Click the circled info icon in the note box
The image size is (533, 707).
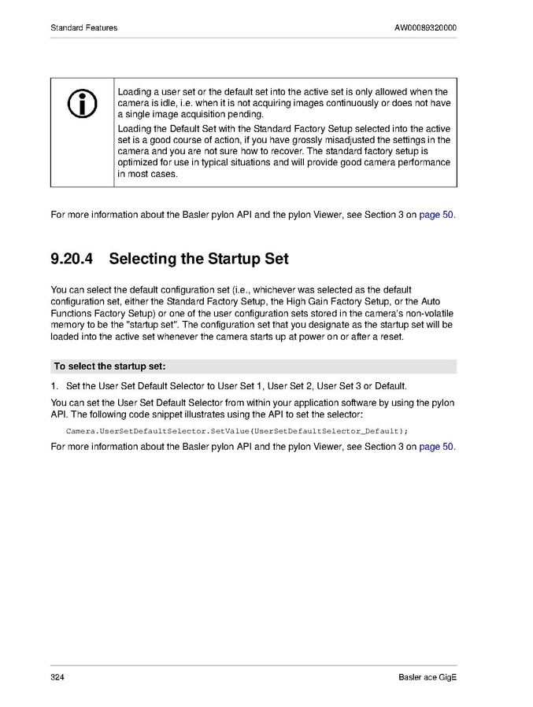83,103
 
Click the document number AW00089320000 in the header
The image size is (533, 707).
425,28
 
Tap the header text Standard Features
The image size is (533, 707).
84,28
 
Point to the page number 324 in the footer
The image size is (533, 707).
57,678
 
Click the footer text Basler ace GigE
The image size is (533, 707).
428,678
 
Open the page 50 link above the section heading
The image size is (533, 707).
436,214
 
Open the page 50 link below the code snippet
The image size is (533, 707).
436,447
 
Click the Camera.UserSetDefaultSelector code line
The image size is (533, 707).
237,431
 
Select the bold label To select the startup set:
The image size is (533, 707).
109,366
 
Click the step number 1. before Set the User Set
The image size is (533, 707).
54,386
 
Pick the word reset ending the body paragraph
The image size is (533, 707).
392,337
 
